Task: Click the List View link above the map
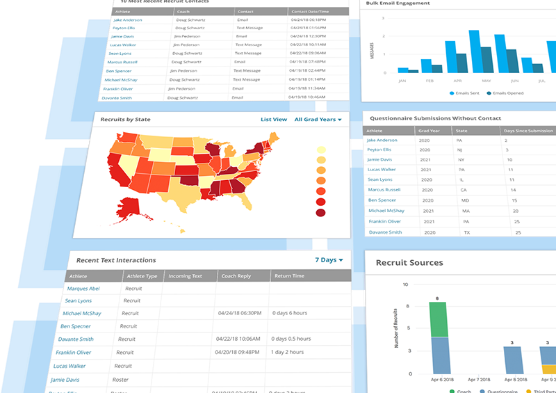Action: pos(274,120)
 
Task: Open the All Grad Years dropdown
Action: pos(318,120)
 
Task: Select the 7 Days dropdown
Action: pos(329,260)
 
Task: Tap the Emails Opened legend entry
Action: pos(510,93)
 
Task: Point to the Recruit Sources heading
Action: pos(409,263)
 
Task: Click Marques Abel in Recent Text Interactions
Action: pos(83,289)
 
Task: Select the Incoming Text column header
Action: pos(185,276)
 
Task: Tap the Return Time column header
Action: pos(290,276)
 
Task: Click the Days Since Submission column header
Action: pos(528,131)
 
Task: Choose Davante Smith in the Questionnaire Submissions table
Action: pos(385,232)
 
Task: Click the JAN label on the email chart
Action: pos(402,80)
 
